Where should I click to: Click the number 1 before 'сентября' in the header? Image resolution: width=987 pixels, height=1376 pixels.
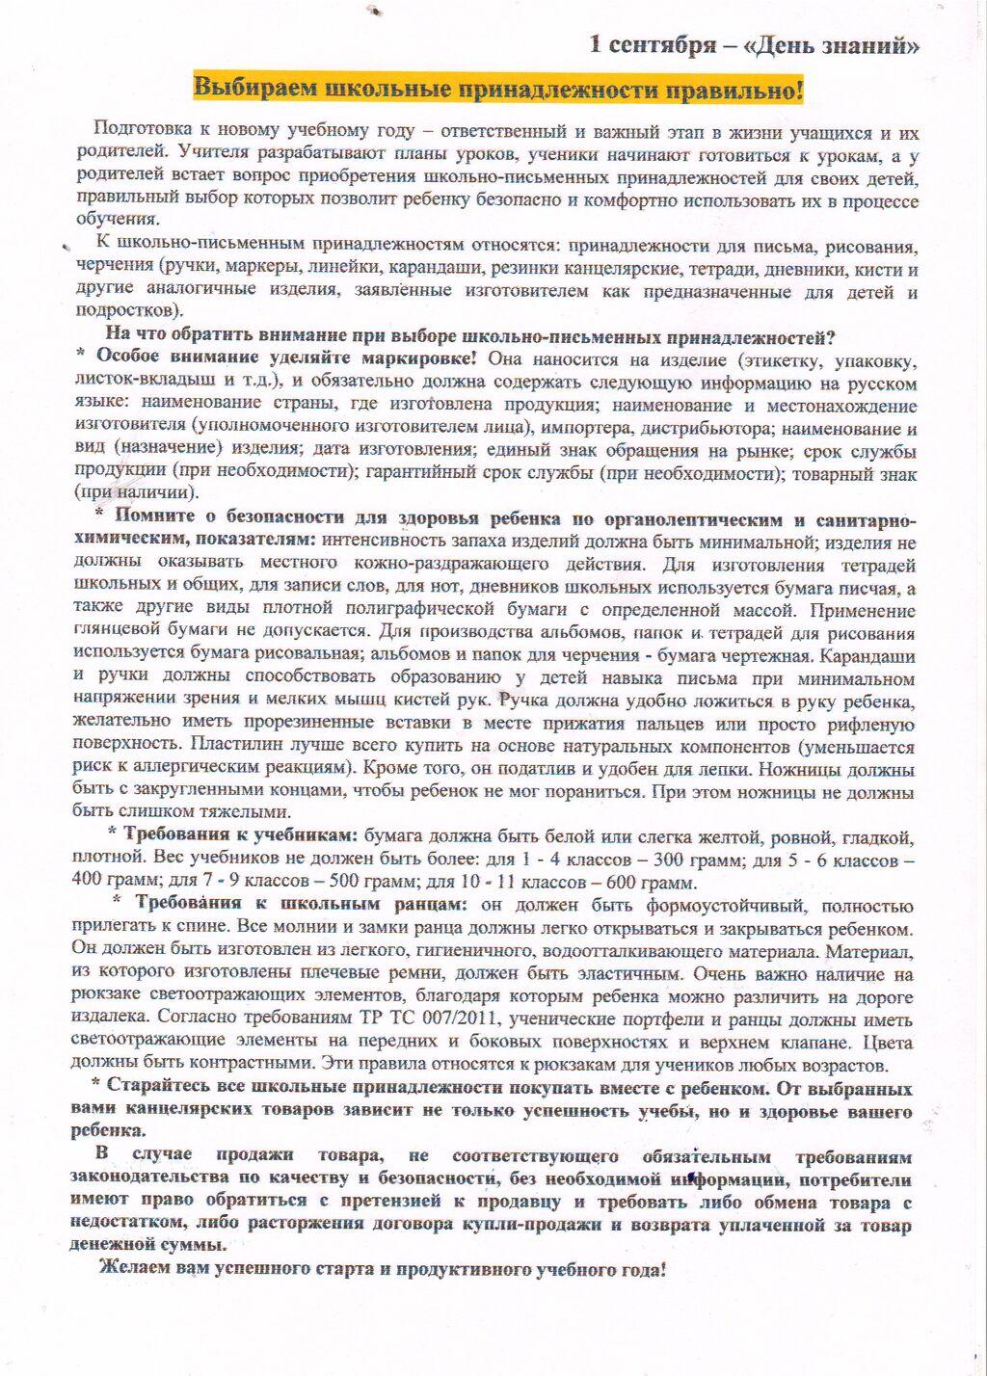click(596, 45)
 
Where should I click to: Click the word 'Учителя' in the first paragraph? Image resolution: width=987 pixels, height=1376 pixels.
click(207, 154)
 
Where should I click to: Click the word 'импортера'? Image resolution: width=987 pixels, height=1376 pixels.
click(583, 428)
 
